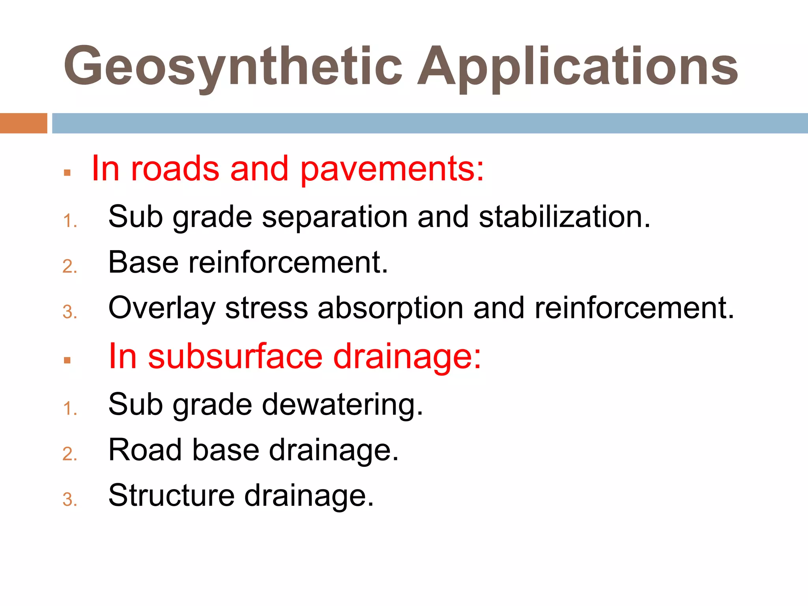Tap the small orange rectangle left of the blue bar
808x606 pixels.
pyautogui.click(x=23, y=123)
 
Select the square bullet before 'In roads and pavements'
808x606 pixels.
pyautogui.click(x=67, y=173)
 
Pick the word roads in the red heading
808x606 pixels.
pyautogui.click(x=175, y=169)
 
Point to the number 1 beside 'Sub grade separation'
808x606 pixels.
pyautogui.click(x=69, y=221)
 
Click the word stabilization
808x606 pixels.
pyautogui.click(x=564, y=217)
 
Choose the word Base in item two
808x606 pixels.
pyautogui.click(x=143, y=262)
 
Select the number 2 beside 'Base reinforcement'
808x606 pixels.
pyautogui.click(x=69, y=267)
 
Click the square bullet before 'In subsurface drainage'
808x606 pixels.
pyautogui.click(x=67, y=360)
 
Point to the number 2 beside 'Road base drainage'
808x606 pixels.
pyautogui.click(x=69, y=454)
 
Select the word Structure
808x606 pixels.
pyautogui.click(x=171, y=496)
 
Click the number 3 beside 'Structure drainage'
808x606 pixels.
pyautogui.click(x=69, y=500)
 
